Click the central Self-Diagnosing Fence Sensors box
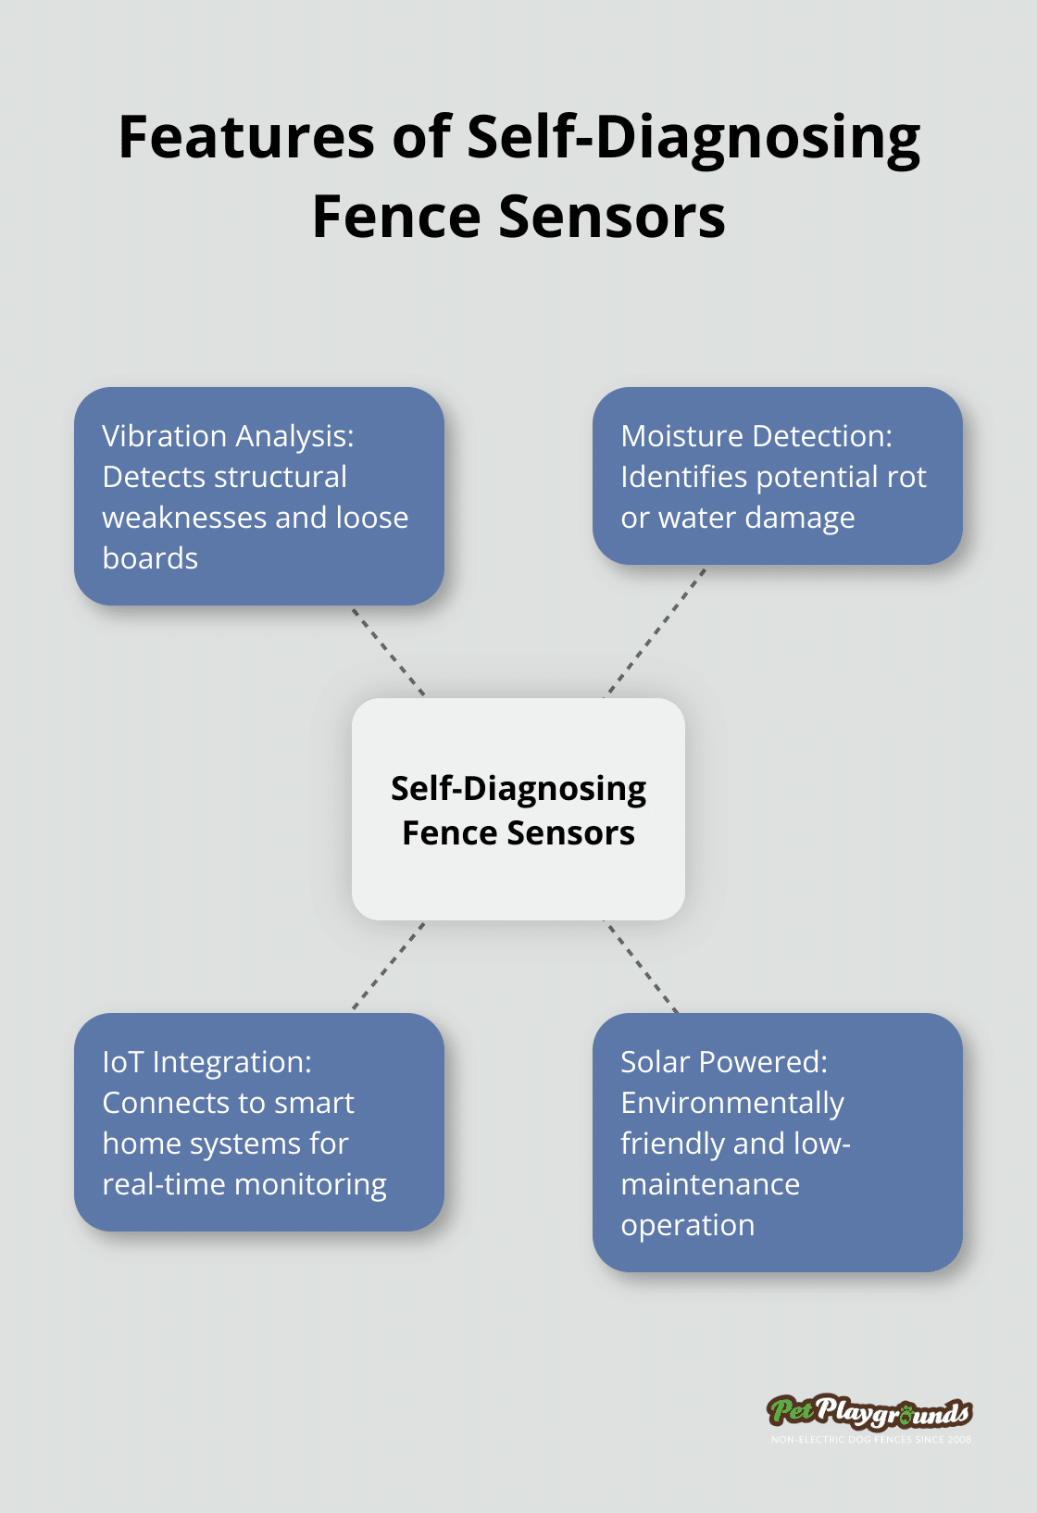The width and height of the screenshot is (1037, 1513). click(x=518, y=809)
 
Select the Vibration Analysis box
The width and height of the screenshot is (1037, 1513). click(x=259, y=496)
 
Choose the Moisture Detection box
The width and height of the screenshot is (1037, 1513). click(x=778, y=476)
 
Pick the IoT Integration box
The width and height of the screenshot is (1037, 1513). click(x=259, y=1122)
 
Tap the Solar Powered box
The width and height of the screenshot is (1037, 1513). click(x=778, y=1143)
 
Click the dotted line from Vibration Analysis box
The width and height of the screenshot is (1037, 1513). click(x=389, y=651)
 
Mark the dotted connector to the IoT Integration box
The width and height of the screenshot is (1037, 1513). click(x=389, y=966)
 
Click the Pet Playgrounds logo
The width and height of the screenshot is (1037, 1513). click(x=869, y=1412)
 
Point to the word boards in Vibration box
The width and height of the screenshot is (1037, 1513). click(x=150, y=558)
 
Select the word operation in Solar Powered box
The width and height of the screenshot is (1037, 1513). click(x=688, y=1225)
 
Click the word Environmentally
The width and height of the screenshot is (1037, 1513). click(x=732, y=1103)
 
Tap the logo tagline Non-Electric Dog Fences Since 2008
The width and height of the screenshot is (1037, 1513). click(x=871, y=1440)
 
